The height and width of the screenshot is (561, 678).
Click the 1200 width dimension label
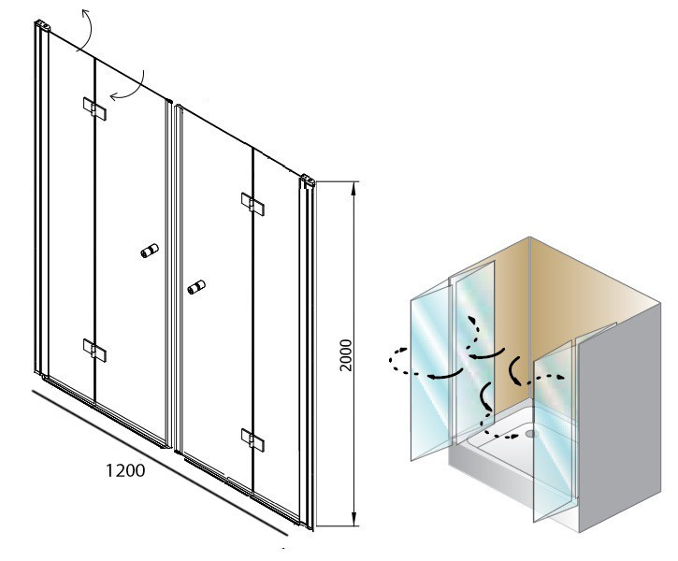125,470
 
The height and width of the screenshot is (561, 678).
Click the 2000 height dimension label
346,355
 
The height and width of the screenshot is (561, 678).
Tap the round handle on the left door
150,251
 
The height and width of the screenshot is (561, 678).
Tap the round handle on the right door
196,287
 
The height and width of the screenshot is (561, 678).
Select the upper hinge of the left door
94,108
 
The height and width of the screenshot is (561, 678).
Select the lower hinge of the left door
94,350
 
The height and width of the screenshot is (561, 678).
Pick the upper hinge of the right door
252,204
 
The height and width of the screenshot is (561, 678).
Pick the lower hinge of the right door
252,440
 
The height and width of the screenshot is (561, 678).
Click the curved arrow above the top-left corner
90,30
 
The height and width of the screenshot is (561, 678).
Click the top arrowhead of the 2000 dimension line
354,187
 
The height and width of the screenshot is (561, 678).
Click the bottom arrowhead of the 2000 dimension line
354,520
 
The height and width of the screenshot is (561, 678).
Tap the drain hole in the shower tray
531,433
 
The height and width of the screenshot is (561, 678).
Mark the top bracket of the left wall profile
42,25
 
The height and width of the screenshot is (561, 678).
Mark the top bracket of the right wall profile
308,180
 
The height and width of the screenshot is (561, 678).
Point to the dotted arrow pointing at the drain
498,434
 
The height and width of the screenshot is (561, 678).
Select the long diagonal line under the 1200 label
160,463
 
